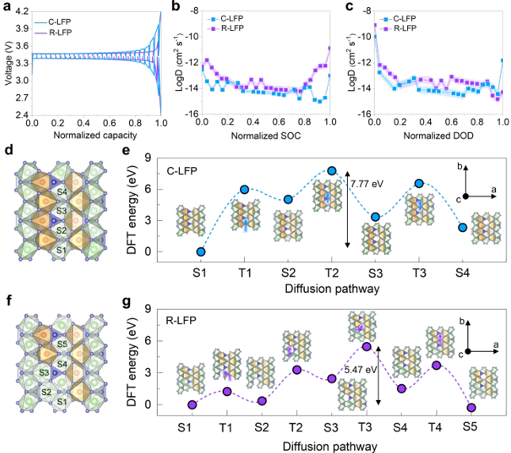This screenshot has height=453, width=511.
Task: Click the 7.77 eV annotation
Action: point(366,184)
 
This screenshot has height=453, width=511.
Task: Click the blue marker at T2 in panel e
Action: point(332,170)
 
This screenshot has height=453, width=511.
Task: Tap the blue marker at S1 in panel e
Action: point(200,252)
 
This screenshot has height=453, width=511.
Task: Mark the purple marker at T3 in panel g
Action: point(366,346)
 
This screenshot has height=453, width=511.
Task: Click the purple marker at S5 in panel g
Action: point(472,408)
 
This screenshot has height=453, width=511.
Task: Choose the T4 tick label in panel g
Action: point(436,427)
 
